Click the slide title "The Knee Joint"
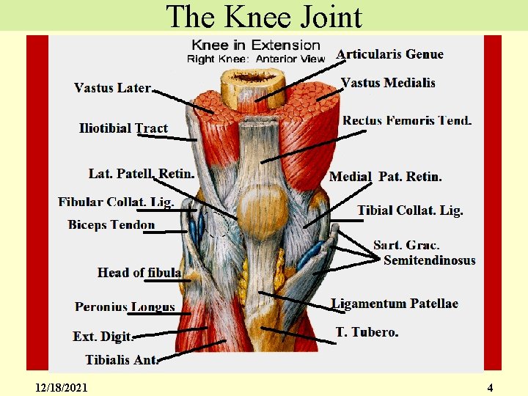click(x=264, y=16)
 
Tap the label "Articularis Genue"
click(x=389, y=54)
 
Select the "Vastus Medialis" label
click(x=389, y=82)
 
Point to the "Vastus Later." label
click(x=112, y=88)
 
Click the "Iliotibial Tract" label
click(x=123, y=128)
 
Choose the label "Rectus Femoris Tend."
click(x=407, y=120)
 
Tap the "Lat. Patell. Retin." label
click(x=142, y=174)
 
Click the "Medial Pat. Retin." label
click(x=386, y=177)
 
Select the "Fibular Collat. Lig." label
click(x=116, y=202)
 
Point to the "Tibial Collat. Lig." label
click(x=411, y=210)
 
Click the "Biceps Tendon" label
click(x=111, y=224)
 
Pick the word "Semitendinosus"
click(x=430, y=260)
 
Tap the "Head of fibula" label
click(x=139, y=273)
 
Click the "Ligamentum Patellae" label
click(x=395, y=304)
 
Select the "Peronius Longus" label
click(x=125, y=307)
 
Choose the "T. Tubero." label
click(x=367, y=332)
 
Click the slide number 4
click(x=490, y=386)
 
